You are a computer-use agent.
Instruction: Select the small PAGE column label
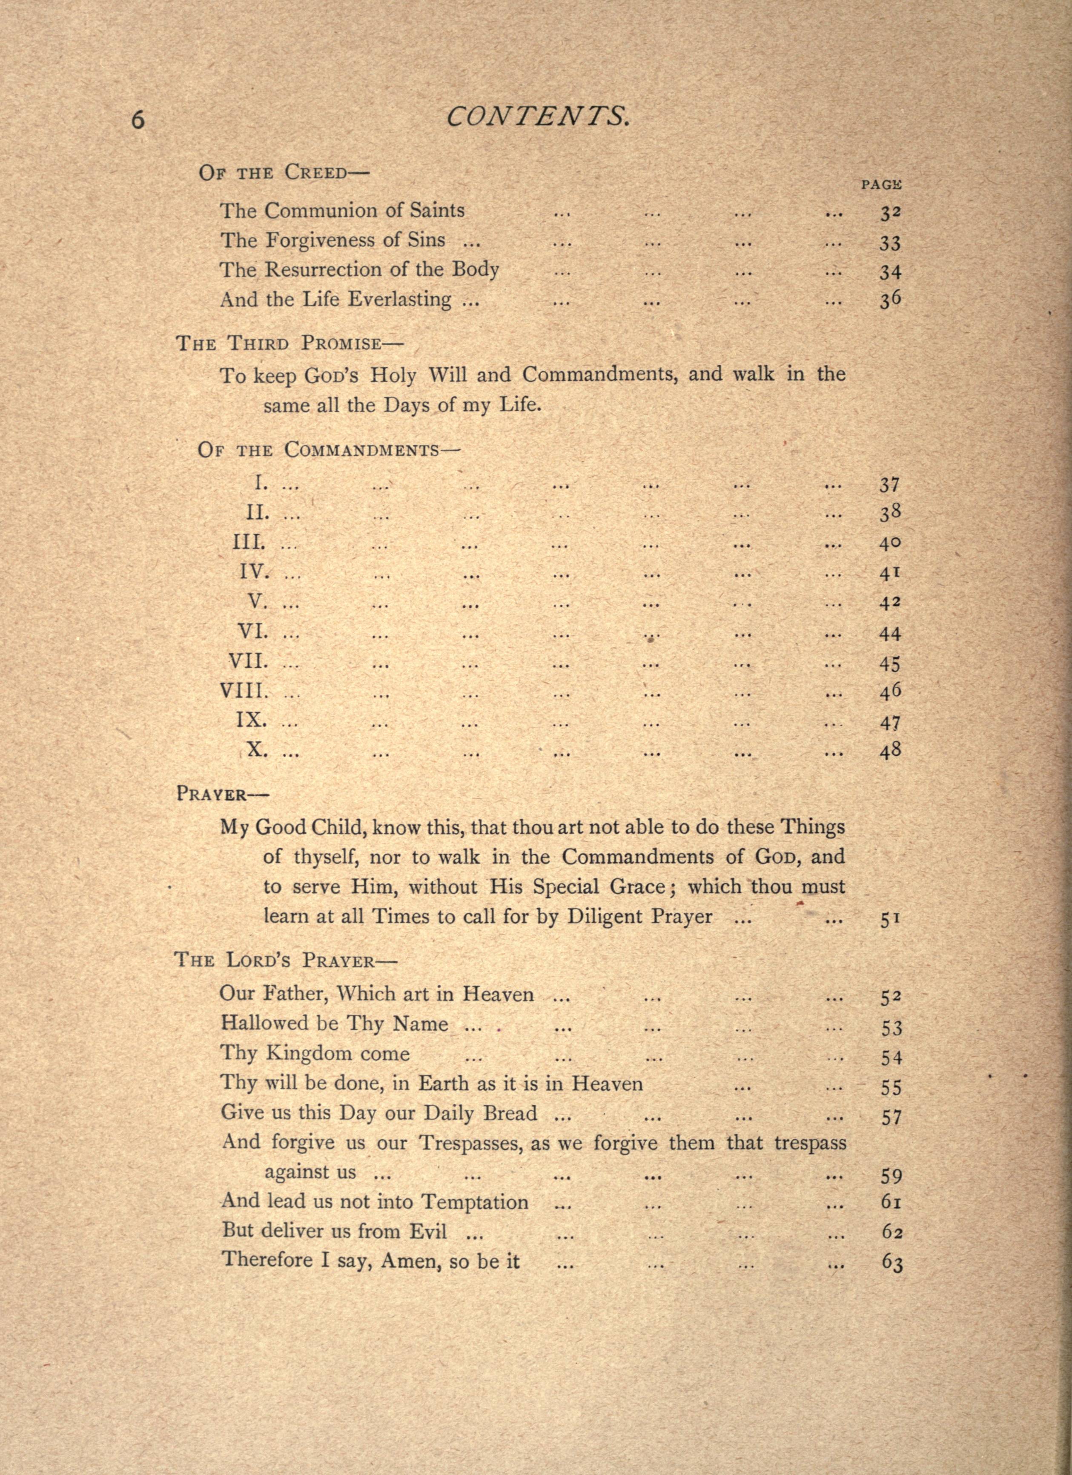coord(881,185)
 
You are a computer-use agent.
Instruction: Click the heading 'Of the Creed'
coord(284,173)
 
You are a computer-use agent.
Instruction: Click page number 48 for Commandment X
coord(890,751)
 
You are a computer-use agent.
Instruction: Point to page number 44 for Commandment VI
coord(890,633)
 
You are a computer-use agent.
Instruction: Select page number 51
coord(890,920)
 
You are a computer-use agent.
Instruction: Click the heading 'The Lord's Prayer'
coord(285,960)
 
